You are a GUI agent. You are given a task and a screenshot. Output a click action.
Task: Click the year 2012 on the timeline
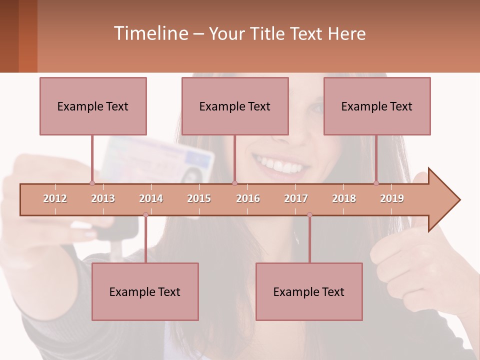click(x=55, y=198)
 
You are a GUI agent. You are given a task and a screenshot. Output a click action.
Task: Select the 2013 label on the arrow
click(x=103, y=198)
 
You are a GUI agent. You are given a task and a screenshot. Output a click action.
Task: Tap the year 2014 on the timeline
click(x=151, y=198)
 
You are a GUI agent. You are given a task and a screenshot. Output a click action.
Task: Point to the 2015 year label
click(x=199, y=198)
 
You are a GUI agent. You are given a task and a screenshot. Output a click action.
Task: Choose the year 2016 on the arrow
click(x=248, y=198)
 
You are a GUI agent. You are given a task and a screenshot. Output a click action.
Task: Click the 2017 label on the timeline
click(x=296, y=198)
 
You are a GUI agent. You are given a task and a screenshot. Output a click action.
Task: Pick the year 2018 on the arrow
click(x=344, y=198)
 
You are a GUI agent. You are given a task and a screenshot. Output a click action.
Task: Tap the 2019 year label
click(x=392, y=198)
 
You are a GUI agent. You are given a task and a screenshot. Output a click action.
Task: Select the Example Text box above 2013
click(x=93, y=106)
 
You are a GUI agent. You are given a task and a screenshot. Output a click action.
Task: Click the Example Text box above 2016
click(x=235, y=106)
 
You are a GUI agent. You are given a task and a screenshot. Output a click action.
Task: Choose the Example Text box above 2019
click(x=377, y=106)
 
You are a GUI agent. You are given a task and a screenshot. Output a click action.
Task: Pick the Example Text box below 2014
click(x=145, y=291)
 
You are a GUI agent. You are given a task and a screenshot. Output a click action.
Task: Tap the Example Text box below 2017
click(x=309, y=291)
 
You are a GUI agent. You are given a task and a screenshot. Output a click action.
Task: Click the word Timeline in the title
click(x=150, y=33)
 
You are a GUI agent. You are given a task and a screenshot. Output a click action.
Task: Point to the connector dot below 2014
click(x=145, y=214)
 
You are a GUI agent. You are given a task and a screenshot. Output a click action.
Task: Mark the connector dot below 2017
click(x=309, y=214)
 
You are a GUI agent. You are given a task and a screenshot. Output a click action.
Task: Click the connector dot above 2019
click(x=376, y=183)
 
